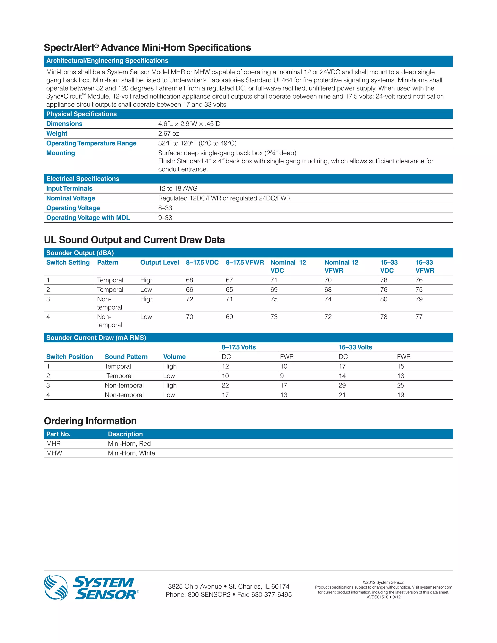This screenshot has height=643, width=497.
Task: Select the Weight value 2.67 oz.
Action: point(169,133)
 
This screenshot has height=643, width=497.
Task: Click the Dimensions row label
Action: point(64,124)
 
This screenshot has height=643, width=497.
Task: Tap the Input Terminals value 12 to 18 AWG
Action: point(178,189)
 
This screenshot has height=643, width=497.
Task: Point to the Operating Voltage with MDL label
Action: point(88,218)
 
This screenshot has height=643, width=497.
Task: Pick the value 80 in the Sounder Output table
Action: point(384,299)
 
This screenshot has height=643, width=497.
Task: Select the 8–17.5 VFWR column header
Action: point(245,262)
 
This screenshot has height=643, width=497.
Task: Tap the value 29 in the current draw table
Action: point(342,385)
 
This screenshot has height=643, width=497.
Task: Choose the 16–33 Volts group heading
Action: point(355,347)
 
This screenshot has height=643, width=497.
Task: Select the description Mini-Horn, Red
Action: point(129,444)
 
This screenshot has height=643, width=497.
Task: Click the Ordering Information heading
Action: point(90,421)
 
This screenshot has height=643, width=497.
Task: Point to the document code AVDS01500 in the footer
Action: point(377,597)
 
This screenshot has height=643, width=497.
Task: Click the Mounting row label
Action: point(60,153)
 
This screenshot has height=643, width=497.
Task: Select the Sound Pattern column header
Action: point(126,357)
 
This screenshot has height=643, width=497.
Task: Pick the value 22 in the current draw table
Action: point(225,385)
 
